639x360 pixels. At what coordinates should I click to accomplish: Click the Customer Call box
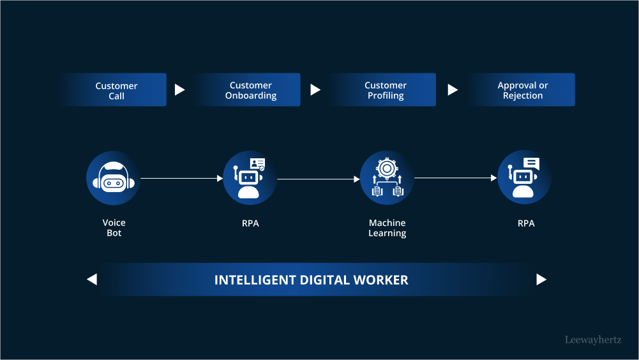(x=116, y=90)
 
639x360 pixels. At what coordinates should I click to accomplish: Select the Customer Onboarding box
(x=250, y=90)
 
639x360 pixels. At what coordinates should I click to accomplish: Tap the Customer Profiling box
(x=385, y=90)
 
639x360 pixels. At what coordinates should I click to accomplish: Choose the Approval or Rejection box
(x=522, y=90)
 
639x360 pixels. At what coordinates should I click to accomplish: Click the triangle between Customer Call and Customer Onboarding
(x=179, y=90)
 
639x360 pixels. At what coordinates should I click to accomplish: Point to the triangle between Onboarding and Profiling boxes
(x=315, y=90)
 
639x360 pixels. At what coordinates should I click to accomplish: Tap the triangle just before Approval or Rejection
(x=453, y=90)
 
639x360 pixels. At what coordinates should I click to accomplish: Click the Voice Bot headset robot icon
(x=113, y=178)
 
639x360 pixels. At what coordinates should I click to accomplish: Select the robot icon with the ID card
(x=250, y=178)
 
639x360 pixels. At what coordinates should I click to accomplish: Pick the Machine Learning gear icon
(x=387, y=178)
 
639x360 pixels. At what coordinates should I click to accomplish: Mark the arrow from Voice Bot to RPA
(x=181, y=179)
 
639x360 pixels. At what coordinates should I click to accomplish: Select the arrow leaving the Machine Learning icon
(x=455, y=178)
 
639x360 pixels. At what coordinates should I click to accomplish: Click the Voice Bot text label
(x=114, y=228)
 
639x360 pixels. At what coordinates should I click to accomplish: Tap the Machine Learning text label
(x=387, y=228)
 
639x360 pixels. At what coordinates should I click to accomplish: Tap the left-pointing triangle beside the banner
(x=92, y=279)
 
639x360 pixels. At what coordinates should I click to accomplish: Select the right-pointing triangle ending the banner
(x=541, y=279)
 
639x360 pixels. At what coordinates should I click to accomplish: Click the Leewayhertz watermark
(x=592, y=340)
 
